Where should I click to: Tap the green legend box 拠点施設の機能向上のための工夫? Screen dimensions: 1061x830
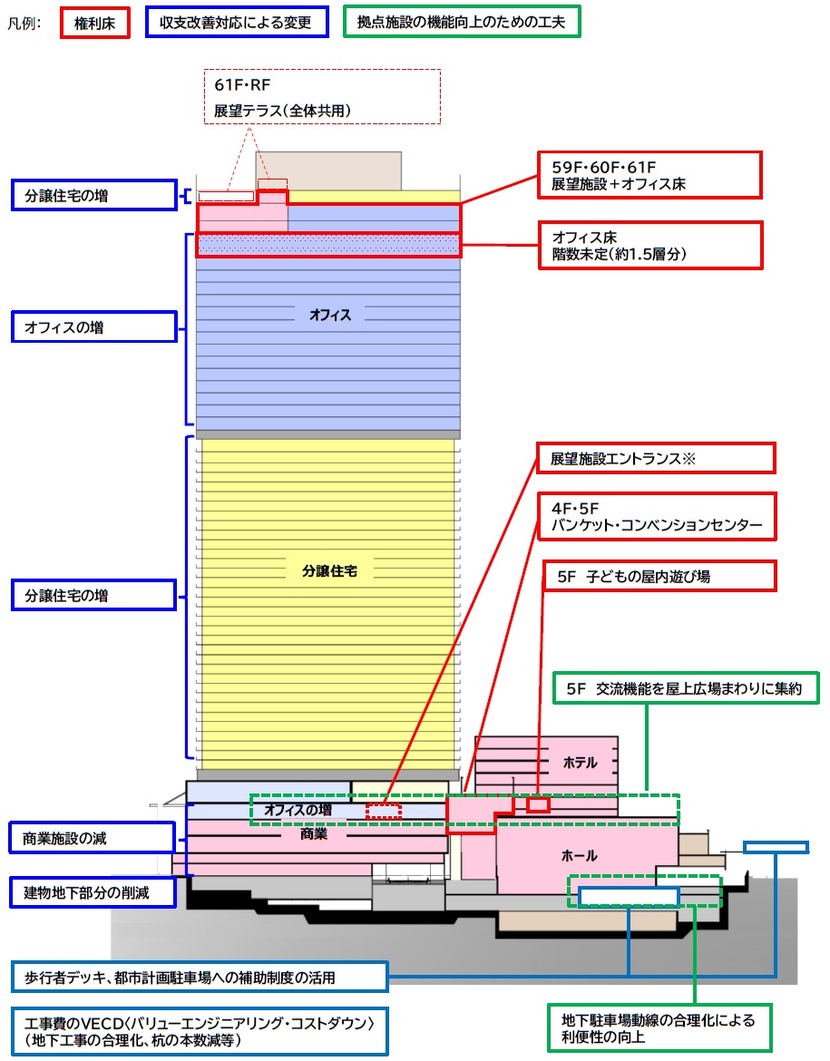(x=462, y=22)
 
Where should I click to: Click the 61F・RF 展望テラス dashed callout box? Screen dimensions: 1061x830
(x=322, y=96)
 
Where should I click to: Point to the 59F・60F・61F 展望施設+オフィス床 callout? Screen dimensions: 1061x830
(x=649, y=175)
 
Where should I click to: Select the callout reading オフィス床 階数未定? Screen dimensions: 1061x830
(x=649, y=246)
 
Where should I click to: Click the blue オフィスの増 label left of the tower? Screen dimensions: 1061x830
(x=93, y=327)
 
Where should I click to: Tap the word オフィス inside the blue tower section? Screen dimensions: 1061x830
(x=330, y=316)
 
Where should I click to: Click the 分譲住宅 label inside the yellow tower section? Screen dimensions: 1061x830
(x=329, y=571)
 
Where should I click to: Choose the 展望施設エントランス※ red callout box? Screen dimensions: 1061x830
(x=656, y=458)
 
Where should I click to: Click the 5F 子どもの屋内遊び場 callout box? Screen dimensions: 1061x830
(x=659, y=576)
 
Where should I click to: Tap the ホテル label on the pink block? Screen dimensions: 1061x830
(x=581, y=763)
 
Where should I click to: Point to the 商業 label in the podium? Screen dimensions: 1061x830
(x=314, y=834)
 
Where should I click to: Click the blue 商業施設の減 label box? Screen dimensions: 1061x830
(x=92, y=839)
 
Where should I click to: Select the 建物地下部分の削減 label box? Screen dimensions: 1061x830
(x=92, y=892)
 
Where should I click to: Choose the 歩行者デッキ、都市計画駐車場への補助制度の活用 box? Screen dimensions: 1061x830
(x=200, y=977)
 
